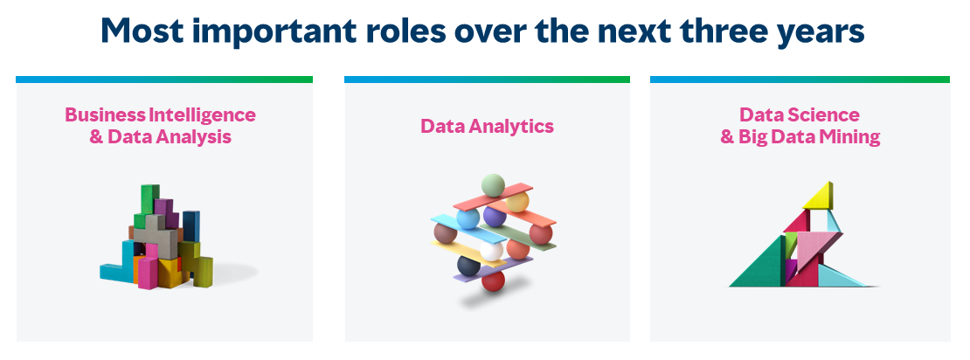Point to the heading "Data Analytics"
click(487, 126)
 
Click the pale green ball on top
click(493, 185)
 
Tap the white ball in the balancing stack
click(492, 251)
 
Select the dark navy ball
click(468, 266)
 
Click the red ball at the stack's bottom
click(493, 281)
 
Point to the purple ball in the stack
click(495, 216)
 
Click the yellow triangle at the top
click(818, 197)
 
